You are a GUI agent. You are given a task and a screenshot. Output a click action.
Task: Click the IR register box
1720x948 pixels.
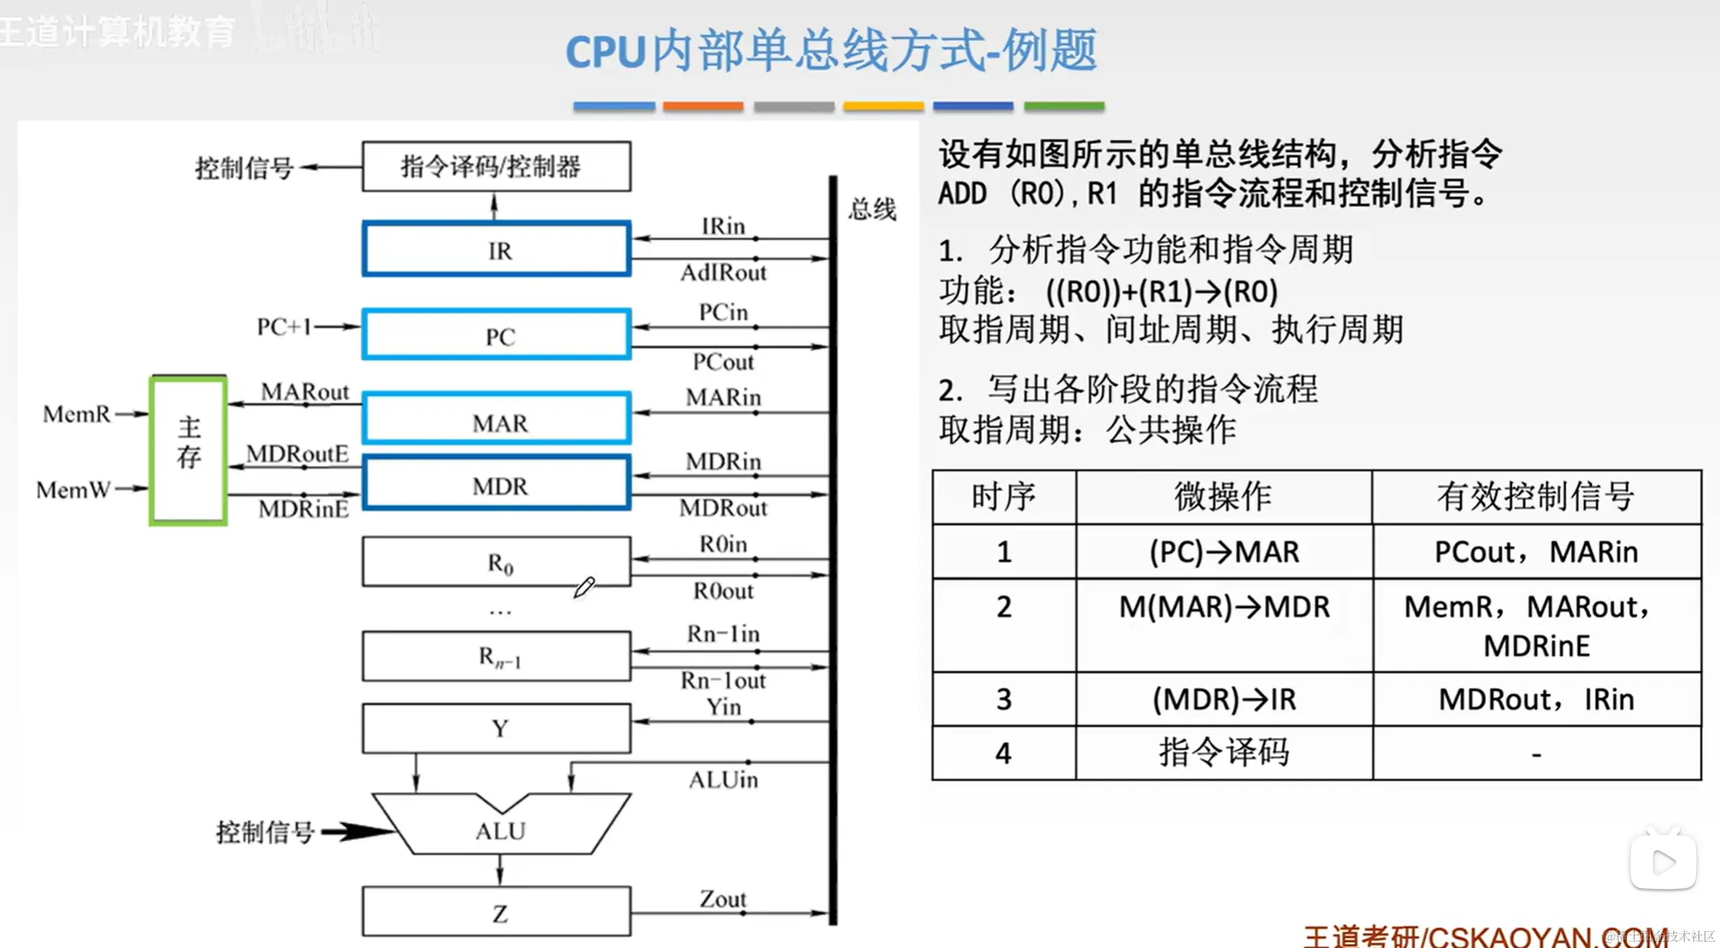tap(496, 249)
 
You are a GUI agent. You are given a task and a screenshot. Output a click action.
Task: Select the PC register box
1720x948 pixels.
tap(496, 335)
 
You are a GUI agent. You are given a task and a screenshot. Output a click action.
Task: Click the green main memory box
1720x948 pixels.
tap(188, 450)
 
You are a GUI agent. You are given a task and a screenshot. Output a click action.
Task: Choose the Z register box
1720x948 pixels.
tap(496, 912)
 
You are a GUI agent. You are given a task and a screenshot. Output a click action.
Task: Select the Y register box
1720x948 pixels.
tap(496, 728)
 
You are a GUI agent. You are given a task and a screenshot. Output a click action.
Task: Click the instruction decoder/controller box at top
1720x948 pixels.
tap(496, 167)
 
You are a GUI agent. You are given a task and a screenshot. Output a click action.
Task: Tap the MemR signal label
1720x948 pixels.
tap(77, 414)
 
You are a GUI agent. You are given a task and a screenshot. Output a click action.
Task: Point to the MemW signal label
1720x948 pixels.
tap(73, 490)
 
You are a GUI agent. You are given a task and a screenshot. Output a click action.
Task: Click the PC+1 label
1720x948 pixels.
tap(284, 326)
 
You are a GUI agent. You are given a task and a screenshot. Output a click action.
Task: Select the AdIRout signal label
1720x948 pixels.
tap(723, 273)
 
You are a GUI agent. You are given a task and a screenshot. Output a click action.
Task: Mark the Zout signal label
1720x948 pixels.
tap(723, 899)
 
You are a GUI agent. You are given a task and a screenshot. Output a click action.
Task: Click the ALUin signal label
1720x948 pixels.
tap(723, 779)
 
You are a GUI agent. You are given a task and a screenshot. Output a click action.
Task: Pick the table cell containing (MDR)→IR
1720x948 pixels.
tap(1224, 699)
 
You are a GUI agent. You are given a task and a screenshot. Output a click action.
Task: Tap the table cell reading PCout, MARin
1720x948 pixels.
tap(1536, 552)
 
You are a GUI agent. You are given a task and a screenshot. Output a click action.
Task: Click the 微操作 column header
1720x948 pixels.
tap(1224, 497)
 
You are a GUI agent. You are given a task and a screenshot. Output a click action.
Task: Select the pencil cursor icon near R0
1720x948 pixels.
tap(584, 587)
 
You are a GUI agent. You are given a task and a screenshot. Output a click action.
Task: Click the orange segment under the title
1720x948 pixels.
tap(703, 107)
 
